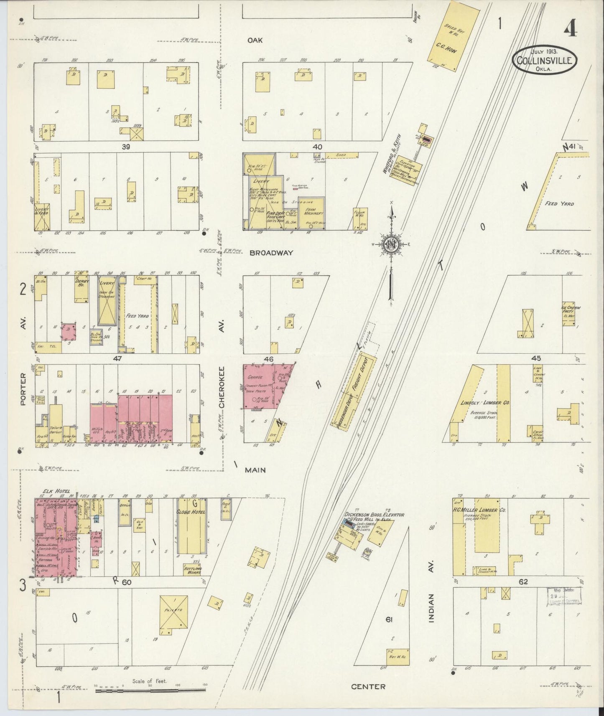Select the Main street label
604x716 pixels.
pyautogui.click(x=255, y=470)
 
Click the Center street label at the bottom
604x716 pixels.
pyautogui.click(x=368, y=686)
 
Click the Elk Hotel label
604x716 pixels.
pyautogui.click(x=55, y=491)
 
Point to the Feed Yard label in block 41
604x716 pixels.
pyautogui.click(x=559, y=204)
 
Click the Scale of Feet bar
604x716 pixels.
pyautogui.click(x=150, y=691)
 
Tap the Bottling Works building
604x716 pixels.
pyautogui.click(x=193, y=569)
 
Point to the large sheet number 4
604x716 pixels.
pyautogui.click(x=570, y=29)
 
